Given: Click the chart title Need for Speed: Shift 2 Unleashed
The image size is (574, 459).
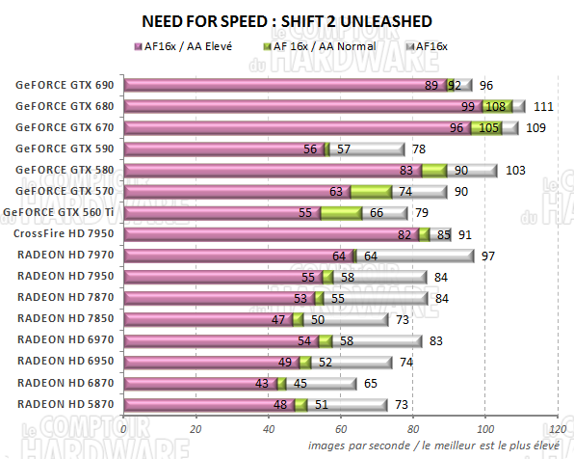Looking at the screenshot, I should [286, 20].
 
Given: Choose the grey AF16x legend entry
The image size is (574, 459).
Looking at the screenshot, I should [434, 45].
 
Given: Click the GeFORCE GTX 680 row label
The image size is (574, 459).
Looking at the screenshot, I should [64, 106].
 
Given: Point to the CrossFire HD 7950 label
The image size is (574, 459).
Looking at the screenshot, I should [64, 233].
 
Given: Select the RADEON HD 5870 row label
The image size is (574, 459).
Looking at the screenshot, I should [64, 403].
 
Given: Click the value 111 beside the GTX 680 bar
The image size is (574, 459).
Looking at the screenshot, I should [542, 106].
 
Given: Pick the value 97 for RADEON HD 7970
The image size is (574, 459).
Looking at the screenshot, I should [489, 255].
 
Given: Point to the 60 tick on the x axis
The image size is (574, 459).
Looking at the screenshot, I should [341, 430].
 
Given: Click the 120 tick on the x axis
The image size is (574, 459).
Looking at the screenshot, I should [557, 430].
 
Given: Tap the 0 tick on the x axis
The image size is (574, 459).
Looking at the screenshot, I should [124, 430].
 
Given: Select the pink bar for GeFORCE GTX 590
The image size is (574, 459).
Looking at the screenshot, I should [222, 148].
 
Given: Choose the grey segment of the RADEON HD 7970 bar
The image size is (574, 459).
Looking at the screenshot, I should [414, 255].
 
